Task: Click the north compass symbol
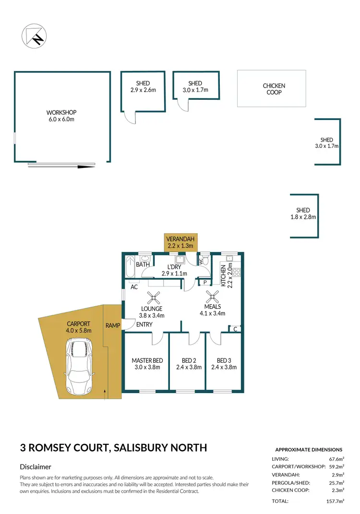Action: pos(33,35)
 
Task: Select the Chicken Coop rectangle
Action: pos(272,89)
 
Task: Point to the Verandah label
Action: pos(180,242)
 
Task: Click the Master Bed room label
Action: pos(147,364)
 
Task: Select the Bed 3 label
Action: pos(225,364)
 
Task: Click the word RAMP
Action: pos(113,325)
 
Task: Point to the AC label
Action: pos(134,287)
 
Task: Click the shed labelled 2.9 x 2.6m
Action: pos(143,92)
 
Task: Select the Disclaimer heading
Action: pos(36,466)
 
